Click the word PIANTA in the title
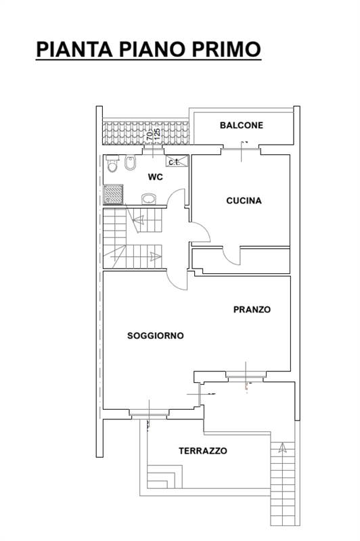coord(74,49)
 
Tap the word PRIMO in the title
coord(226,49)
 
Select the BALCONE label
coord(242,125)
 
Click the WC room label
coord(156,177)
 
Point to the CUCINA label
coord(244,200)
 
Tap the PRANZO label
coord(252,310)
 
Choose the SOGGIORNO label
coord(156,335)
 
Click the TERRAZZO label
coord(203,450)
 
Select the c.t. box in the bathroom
coord(177,161)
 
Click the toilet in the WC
coord(112,164)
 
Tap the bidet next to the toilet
coord(130,163)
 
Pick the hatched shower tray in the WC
coord(114,194)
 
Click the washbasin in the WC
coord(149,199)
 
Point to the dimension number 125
coord(157,134)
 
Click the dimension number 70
coord(150,135)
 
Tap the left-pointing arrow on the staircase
coord(139,218)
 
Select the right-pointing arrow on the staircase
coord(156,256)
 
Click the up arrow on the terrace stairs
coord(283,447)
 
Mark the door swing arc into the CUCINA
coord(204,229)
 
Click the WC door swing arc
coord(175,195)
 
